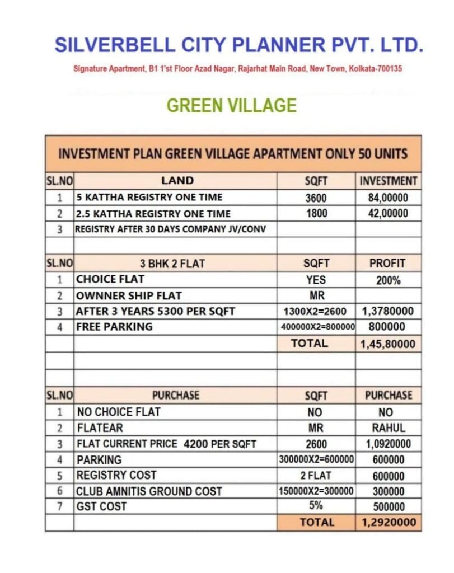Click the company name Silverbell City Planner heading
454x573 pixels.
238,45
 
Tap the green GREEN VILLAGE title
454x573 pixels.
232,105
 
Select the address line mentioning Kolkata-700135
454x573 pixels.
238,69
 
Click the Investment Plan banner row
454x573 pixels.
233,154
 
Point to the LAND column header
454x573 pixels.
177,181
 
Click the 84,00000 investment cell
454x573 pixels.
388,198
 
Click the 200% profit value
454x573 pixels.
388,280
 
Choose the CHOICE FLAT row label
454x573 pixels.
110,279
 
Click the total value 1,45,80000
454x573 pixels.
388,344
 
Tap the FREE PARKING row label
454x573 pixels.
114,327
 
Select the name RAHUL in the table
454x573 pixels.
388,428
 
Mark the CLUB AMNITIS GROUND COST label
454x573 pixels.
149,491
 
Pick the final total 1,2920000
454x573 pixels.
388,523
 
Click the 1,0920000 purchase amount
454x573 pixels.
388,444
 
